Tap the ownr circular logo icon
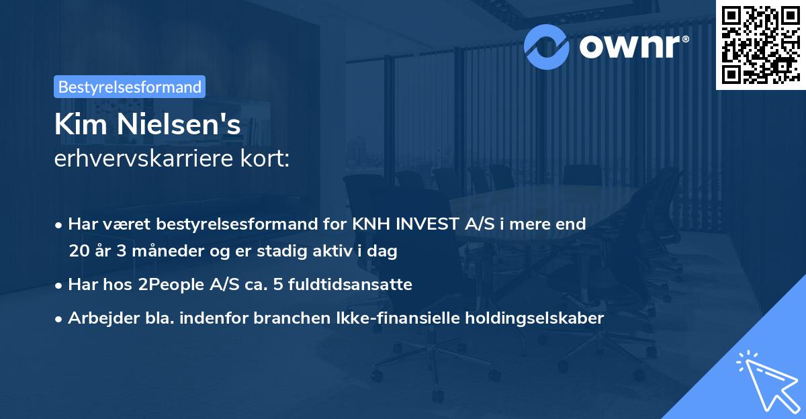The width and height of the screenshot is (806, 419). tap(547, 45)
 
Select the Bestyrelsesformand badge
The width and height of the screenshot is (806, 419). tap(130, 87)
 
